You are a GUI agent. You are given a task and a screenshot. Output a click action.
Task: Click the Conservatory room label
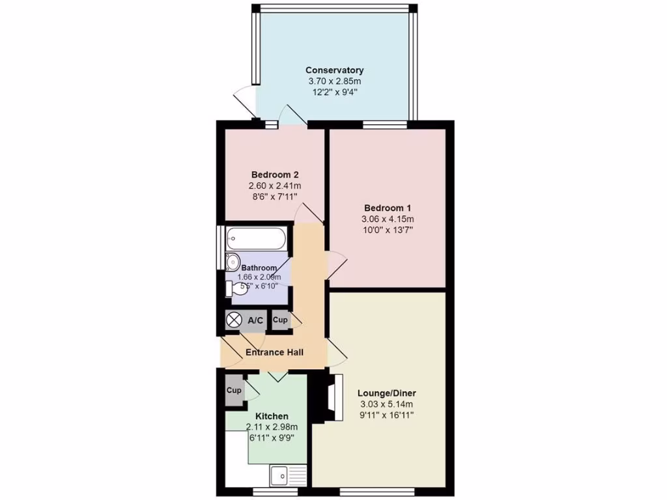coord(334,70)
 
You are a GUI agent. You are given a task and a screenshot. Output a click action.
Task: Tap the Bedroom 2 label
coord(275,174)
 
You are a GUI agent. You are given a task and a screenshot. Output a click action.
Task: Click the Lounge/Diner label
coord(386,393)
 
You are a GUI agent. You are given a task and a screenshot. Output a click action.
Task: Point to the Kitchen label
coord(272,416)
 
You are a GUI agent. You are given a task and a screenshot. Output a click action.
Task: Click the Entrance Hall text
coord(275,353)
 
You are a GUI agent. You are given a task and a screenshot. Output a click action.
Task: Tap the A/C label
coord(255,320)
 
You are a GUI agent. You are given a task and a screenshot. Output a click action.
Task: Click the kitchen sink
coord(282,476)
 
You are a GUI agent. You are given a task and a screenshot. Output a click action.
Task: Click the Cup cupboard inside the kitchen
coord(233,391)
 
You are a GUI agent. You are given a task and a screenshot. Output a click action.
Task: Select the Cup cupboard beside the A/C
coord(279,320)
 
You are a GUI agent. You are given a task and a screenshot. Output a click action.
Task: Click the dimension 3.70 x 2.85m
coord(334,81)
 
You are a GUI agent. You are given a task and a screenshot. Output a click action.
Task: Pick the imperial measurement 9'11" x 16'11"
coord(386,415)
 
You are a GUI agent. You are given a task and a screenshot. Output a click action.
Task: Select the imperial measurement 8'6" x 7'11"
coord(275,197)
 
